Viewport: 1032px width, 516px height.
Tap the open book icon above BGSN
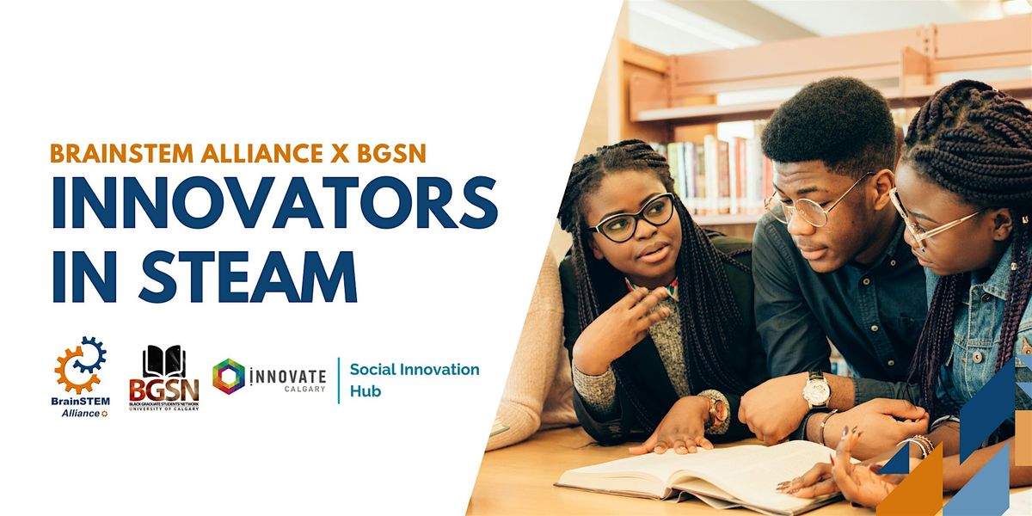click(163, 361)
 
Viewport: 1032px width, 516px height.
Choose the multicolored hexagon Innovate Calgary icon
click(229, 377)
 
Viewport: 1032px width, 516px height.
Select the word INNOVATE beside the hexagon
click(287, 376)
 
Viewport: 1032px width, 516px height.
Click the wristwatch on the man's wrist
click(814, 390)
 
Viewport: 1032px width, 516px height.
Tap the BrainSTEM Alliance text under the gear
click(80, 406)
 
